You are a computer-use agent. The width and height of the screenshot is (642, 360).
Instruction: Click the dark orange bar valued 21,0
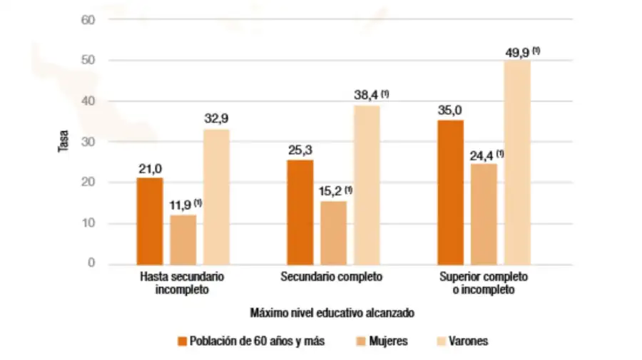[x=150, y=221]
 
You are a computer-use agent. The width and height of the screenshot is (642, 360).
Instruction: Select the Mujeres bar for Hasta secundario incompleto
[x=183, y=240]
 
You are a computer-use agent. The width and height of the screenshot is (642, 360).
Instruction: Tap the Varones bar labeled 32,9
[x=217, y=197]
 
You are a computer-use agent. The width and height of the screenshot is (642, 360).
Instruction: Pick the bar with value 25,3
[x=300, y=212]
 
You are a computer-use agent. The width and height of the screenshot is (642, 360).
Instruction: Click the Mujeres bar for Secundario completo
[x=333, y=233]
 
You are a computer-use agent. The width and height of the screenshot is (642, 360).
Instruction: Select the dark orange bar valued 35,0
[x=450, y=192]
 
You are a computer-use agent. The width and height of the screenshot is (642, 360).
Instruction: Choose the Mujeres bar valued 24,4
[x=484, y=214]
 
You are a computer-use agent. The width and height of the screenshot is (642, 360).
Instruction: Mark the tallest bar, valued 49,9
[x=517, y=163]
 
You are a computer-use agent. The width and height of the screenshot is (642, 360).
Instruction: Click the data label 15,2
[x=330, y=192]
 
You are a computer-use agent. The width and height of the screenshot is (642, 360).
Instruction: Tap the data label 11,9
[x=180, y=205]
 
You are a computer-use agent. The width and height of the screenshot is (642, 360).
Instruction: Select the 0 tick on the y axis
[x=91, y=264]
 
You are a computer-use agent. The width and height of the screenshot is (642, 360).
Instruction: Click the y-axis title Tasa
[x=62, y=142]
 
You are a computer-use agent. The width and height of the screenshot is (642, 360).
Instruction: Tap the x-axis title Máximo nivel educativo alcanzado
[x=332, y=312]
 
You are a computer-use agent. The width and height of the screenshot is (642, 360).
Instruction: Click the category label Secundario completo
[x=332, y=276]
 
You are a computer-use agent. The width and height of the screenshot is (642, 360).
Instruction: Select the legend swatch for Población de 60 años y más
[x=183, y=341]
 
